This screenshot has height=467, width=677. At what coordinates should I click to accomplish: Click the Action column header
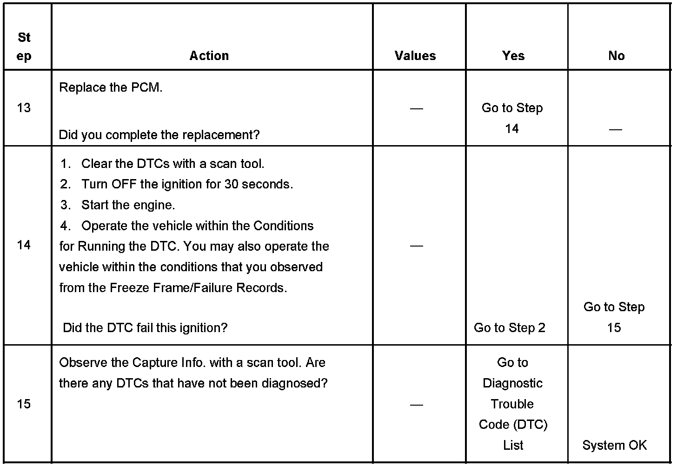click(x=209, y=56)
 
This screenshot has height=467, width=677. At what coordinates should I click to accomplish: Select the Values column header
click(x=415, y=56)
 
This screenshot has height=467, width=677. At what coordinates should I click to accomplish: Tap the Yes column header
click(x=513, y=56)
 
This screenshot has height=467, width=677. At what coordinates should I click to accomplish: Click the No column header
click(x=616, y=56)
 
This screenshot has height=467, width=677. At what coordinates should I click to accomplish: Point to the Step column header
click(x=24, y=47)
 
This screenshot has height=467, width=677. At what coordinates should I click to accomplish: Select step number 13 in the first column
click(x=24, y=108)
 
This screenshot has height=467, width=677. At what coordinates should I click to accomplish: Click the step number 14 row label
click(x=24, y=245)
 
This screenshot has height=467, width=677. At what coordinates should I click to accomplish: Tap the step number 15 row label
click(x=24, y=404)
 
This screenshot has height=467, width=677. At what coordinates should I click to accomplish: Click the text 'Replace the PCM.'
click(x=111, y=87)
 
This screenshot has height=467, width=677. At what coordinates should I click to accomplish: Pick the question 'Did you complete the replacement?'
click(x=159, y=135)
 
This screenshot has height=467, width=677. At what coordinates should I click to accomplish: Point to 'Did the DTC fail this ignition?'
click(x=145, y=328)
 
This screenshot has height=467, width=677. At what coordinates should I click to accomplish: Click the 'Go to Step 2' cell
click(x=510, y=328)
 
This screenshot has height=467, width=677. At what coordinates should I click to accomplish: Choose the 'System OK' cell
click(x=614, y=445)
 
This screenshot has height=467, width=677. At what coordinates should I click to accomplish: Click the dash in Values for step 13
click(x=416, y=109)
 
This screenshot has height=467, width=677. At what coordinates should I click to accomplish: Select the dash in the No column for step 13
click(x=615, y=129)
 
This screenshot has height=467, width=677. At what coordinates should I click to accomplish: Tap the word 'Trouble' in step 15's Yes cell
click(x=512, y=404)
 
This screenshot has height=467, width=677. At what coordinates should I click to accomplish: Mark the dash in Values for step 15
click(x=416, y=405)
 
